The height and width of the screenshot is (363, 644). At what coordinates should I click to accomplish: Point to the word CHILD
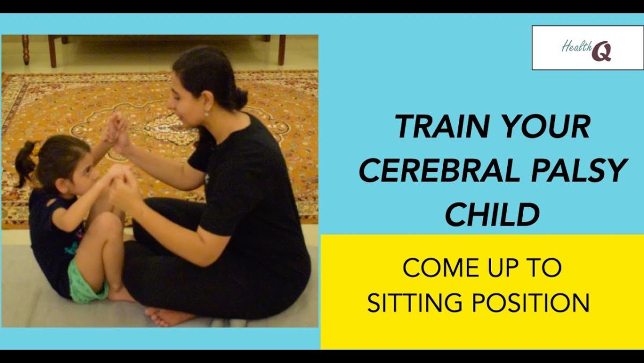[493, 214]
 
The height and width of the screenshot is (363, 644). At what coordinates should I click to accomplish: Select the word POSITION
[531, 303]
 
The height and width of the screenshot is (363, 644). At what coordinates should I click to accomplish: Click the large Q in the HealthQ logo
[602, 52]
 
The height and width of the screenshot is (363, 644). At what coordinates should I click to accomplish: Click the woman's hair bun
[240, 98]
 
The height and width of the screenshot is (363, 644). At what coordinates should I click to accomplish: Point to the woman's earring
[206, 114]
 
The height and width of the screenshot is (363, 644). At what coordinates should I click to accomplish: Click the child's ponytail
[26, 163]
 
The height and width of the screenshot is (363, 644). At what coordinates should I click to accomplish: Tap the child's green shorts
[86, 284]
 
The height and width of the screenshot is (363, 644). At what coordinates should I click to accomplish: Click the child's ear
[65, 184]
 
